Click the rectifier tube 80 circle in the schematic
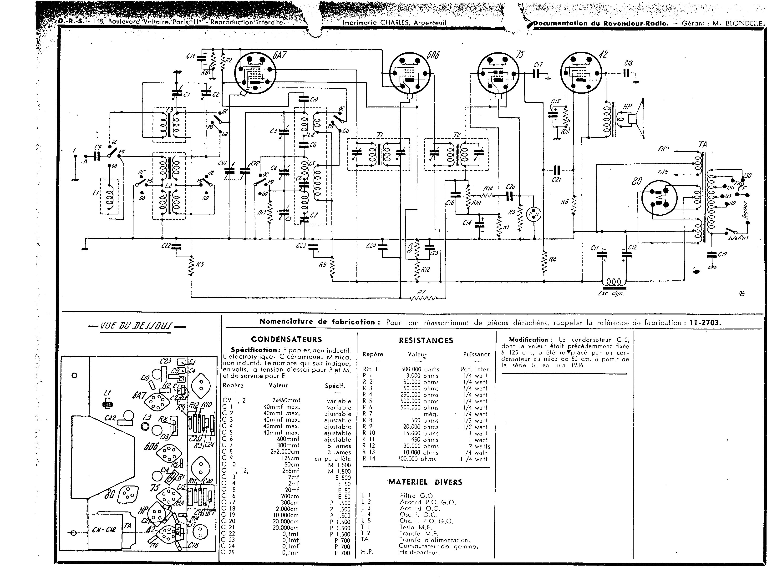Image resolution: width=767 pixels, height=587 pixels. (x=659, y=198)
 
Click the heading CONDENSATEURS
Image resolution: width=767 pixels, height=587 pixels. (x=287, y=339)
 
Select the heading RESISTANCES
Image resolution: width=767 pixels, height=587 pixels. (x=426, y=340)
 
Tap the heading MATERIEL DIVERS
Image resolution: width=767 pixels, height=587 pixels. (x=425, y=482)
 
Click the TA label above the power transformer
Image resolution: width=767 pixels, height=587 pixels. (x=703, y=145)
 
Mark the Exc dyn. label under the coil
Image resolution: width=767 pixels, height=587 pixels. (x=611, y=293)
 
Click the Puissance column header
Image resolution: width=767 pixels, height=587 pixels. (x=477, y=354)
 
